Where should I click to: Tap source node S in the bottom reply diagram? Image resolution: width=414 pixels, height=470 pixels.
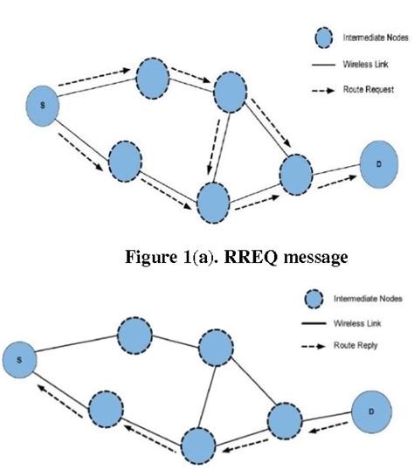coord(24,358)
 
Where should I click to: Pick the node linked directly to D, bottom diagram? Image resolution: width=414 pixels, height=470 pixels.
coord(288,421)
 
